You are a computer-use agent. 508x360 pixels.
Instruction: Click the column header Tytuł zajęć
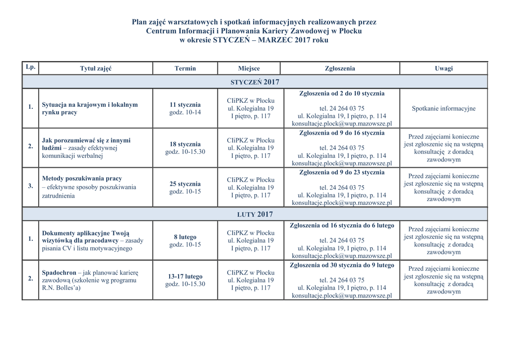(x=96, y=69)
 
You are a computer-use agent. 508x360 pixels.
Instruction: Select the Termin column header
(x=185, y=69)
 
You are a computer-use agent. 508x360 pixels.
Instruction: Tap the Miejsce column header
(x=249, y=69)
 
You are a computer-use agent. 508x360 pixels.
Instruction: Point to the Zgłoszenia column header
(x=340, y=69)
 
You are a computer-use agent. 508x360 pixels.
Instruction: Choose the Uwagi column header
(x=444, y=69)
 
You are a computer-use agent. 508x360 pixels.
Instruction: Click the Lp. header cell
(x=30, y=67)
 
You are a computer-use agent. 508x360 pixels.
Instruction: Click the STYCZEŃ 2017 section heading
(x=255, y=82)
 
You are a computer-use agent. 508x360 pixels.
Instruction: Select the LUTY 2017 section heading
(x=255, y=214)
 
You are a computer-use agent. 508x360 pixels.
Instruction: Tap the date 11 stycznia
(x=185, y=105)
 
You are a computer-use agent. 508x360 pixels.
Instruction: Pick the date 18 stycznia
(x=185, y=144)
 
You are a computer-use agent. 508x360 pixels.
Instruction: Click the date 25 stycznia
(x=185, y=184)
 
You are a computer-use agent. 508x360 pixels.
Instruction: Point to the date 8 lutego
(x=185, y=237)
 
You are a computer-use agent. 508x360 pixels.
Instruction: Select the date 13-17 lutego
(x=185, y=277)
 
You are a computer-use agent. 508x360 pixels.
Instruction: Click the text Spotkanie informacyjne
(x=444, y=109)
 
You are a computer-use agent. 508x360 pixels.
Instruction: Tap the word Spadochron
(x=59, y=273)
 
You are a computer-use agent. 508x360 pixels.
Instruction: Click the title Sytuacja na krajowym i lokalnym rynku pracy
(x=90, y=108)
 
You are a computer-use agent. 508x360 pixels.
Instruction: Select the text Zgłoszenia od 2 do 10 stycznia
(x=342, y=93)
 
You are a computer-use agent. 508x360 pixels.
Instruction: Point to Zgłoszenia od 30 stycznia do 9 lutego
(x=342, y=265)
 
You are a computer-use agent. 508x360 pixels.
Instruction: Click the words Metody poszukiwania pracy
(x=82, y=178)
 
